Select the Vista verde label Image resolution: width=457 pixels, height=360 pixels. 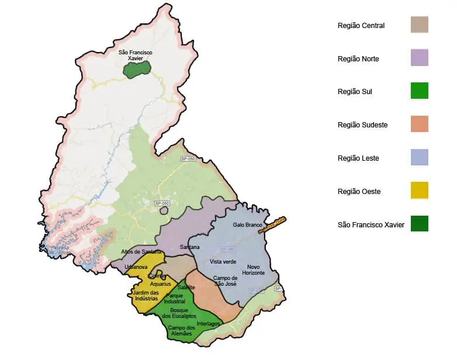(223, 262)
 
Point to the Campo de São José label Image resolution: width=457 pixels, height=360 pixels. (225, 281)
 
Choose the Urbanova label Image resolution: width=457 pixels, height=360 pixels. (136, 267)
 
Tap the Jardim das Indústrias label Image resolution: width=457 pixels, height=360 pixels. (146, 295)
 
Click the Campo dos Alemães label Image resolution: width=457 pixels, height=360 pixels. (181, 330)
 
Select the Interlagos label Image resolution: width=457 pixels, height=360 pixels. (209, 323)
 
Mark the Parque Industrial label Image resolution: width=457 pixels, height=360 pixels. (174, 298)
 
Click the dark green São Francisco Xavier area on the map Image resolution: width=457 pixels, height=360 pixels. (137, 69)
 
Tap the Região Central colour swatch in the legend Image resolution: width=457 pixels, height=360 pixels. (419, 25)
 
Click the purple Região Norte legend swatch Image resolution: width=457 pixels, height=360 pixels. (419, 58)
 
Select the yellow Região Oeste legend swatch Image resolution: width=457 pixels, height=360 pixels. (419, 191)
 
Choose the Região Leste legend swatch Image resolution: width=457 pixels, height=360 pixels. (419, 157)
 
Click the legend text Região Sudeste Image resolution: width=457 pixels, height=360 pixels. (362, 125)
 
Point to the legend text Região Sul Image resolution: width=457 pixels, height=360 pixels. (355, 92)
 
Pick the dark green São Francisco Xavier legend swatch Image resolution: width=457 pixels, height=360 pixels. (419, 224)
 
